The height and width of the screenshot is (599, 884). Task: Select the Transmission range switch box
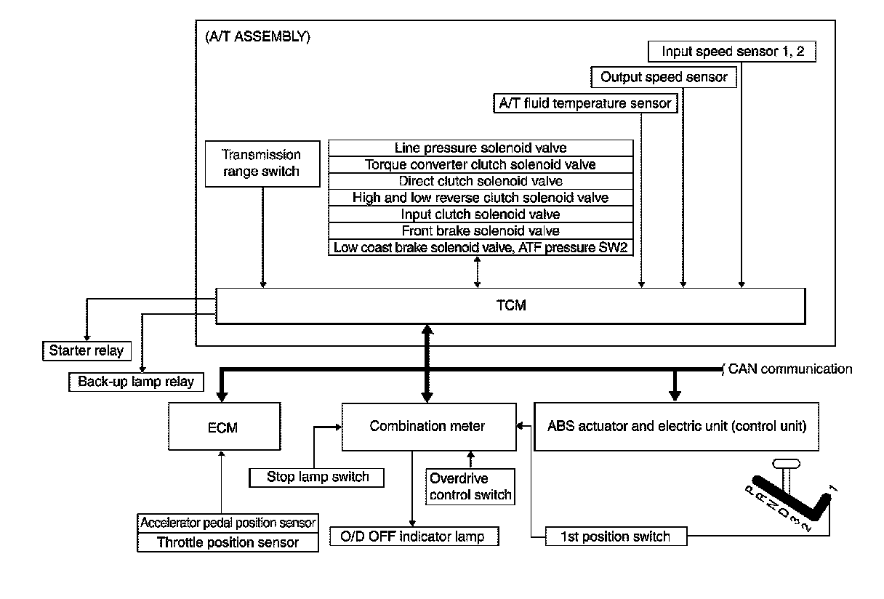tap(262, 163)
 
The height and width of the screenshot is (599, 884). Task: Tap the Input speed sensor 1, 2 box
tap(731, 52)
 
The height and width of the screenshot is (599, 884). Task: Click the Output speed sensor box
tap(664, 77)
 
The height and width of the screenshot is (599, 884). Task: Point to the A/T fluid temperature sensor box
tap(585, 103)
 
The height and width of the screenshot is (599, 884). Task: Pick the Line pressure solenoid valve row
tap(481, 148)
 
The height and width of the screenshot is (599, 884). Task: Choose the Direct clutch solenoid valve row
tap(481, 181)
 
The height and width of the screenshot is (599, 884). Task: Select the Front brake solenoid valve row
tap(481, 231)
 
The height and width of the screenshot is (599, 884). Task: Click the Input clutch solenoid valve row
tap(481, 214)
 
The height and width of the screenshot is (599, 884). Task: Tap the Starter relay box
tap(87, 351)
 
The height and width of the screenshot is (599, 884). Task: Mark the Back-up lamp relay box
tap(136, 382)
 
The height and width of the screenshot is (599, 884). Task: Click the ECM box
tap(223, 427)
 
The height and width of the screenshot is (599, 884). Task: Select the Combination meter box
tap(427, 426)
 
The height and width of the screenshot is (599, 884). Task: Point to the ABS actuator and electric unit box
tap(677, 426)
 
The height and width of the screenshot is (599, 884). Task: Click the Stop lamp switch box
tap(318, 478)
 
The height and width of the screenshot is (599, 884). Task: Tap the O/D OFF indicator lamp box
tap(416, 537)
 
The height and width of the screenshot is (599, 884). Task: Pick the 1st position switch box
tap(616, 537)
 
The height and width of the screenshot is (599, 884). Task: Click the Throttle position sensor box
tap(228, 542)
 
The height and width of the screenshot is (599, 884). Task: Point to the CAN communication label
tap(789, 369)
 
